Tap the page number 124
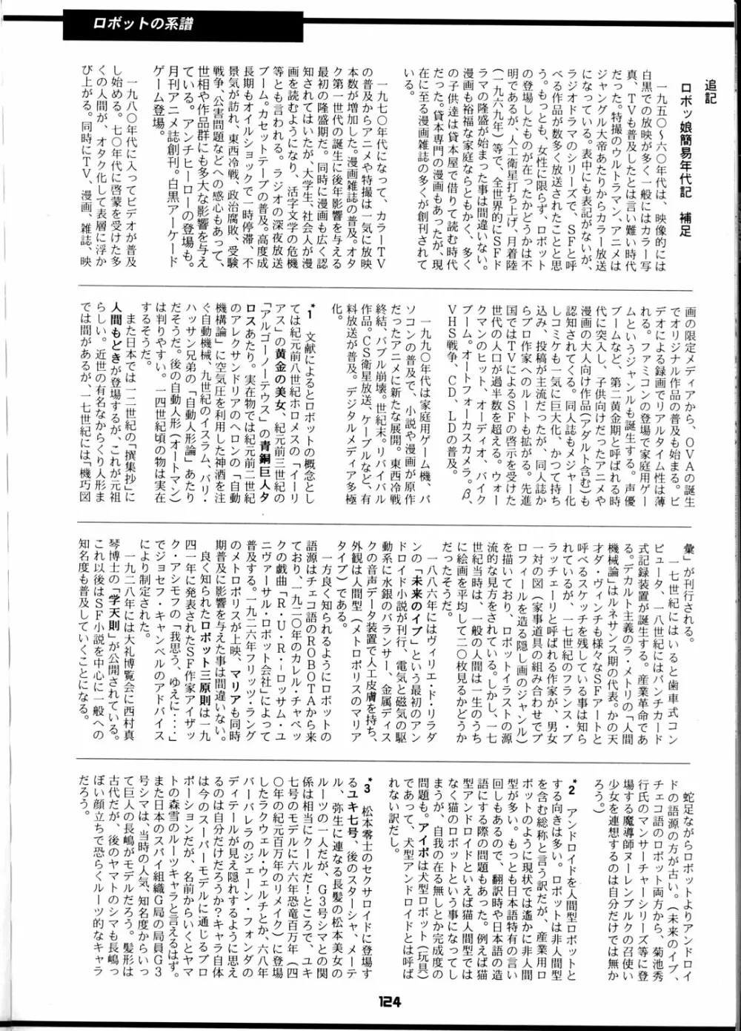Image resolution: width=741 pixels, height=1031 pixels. coord(388,1002)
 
